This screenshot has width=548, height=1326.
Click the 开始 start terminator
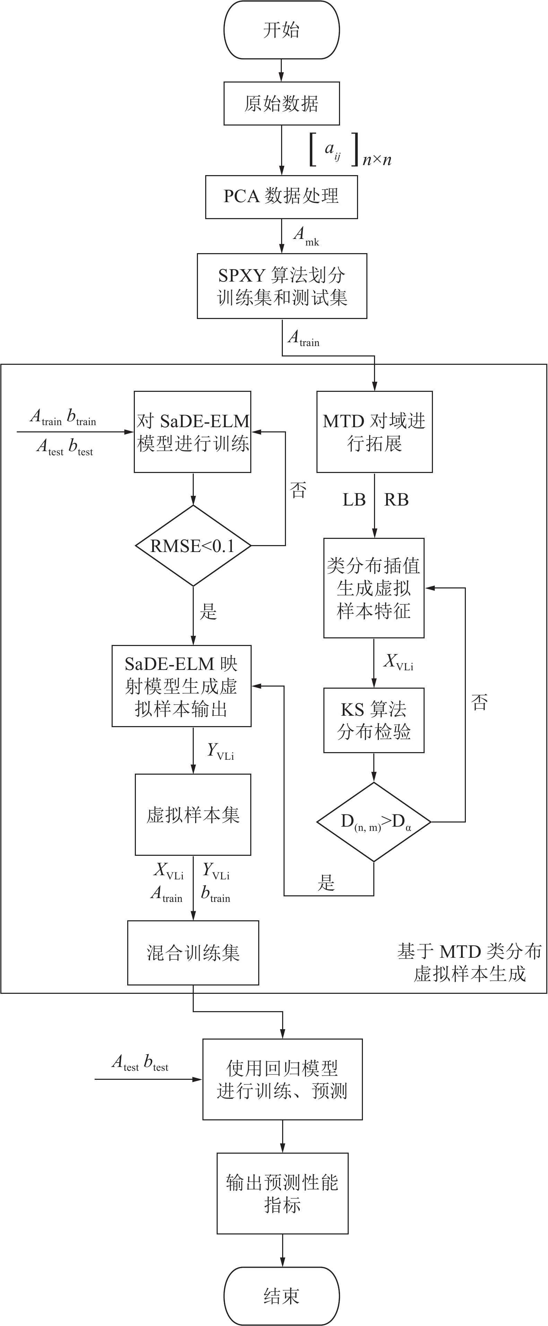click(x=281, y=30)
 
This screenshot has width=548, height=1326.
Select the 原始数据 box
click(x=281, y=103)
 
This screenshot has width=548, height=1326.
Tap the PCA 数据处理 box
click(x=281, y=197)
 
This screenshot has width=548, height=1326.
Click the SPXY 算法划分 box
click(x=281, y=286)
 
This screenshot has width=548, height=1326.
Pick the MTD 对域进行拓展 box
click(x=374, y=431)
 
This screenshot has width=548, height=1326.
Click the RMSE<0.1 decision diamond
click(x=193, y=546)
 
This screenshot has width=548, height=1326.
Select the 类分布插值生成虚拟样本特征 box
click(x=374, y=588)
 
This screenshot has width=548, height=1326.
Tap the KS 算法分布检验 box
click(x=374, y=720)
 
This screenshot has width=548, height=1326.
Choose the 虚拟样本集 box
click(x=193, y=815)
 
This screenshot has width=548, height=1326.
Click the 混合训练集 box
click(x=193, y=953)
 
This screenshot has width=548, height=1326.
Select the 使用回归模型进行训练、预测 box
click(x=282, y=1079)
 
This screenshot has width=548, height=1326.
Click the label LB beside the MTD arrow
click(x=354, y=500)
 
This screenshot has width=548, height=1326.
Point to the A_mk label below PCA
click(x=306, y=236)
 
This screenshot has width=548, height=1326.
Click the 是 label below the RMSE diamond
click(x=208, y=612)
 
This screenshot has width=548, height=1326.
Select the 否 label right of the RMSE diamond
click(x=298, y=490)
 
